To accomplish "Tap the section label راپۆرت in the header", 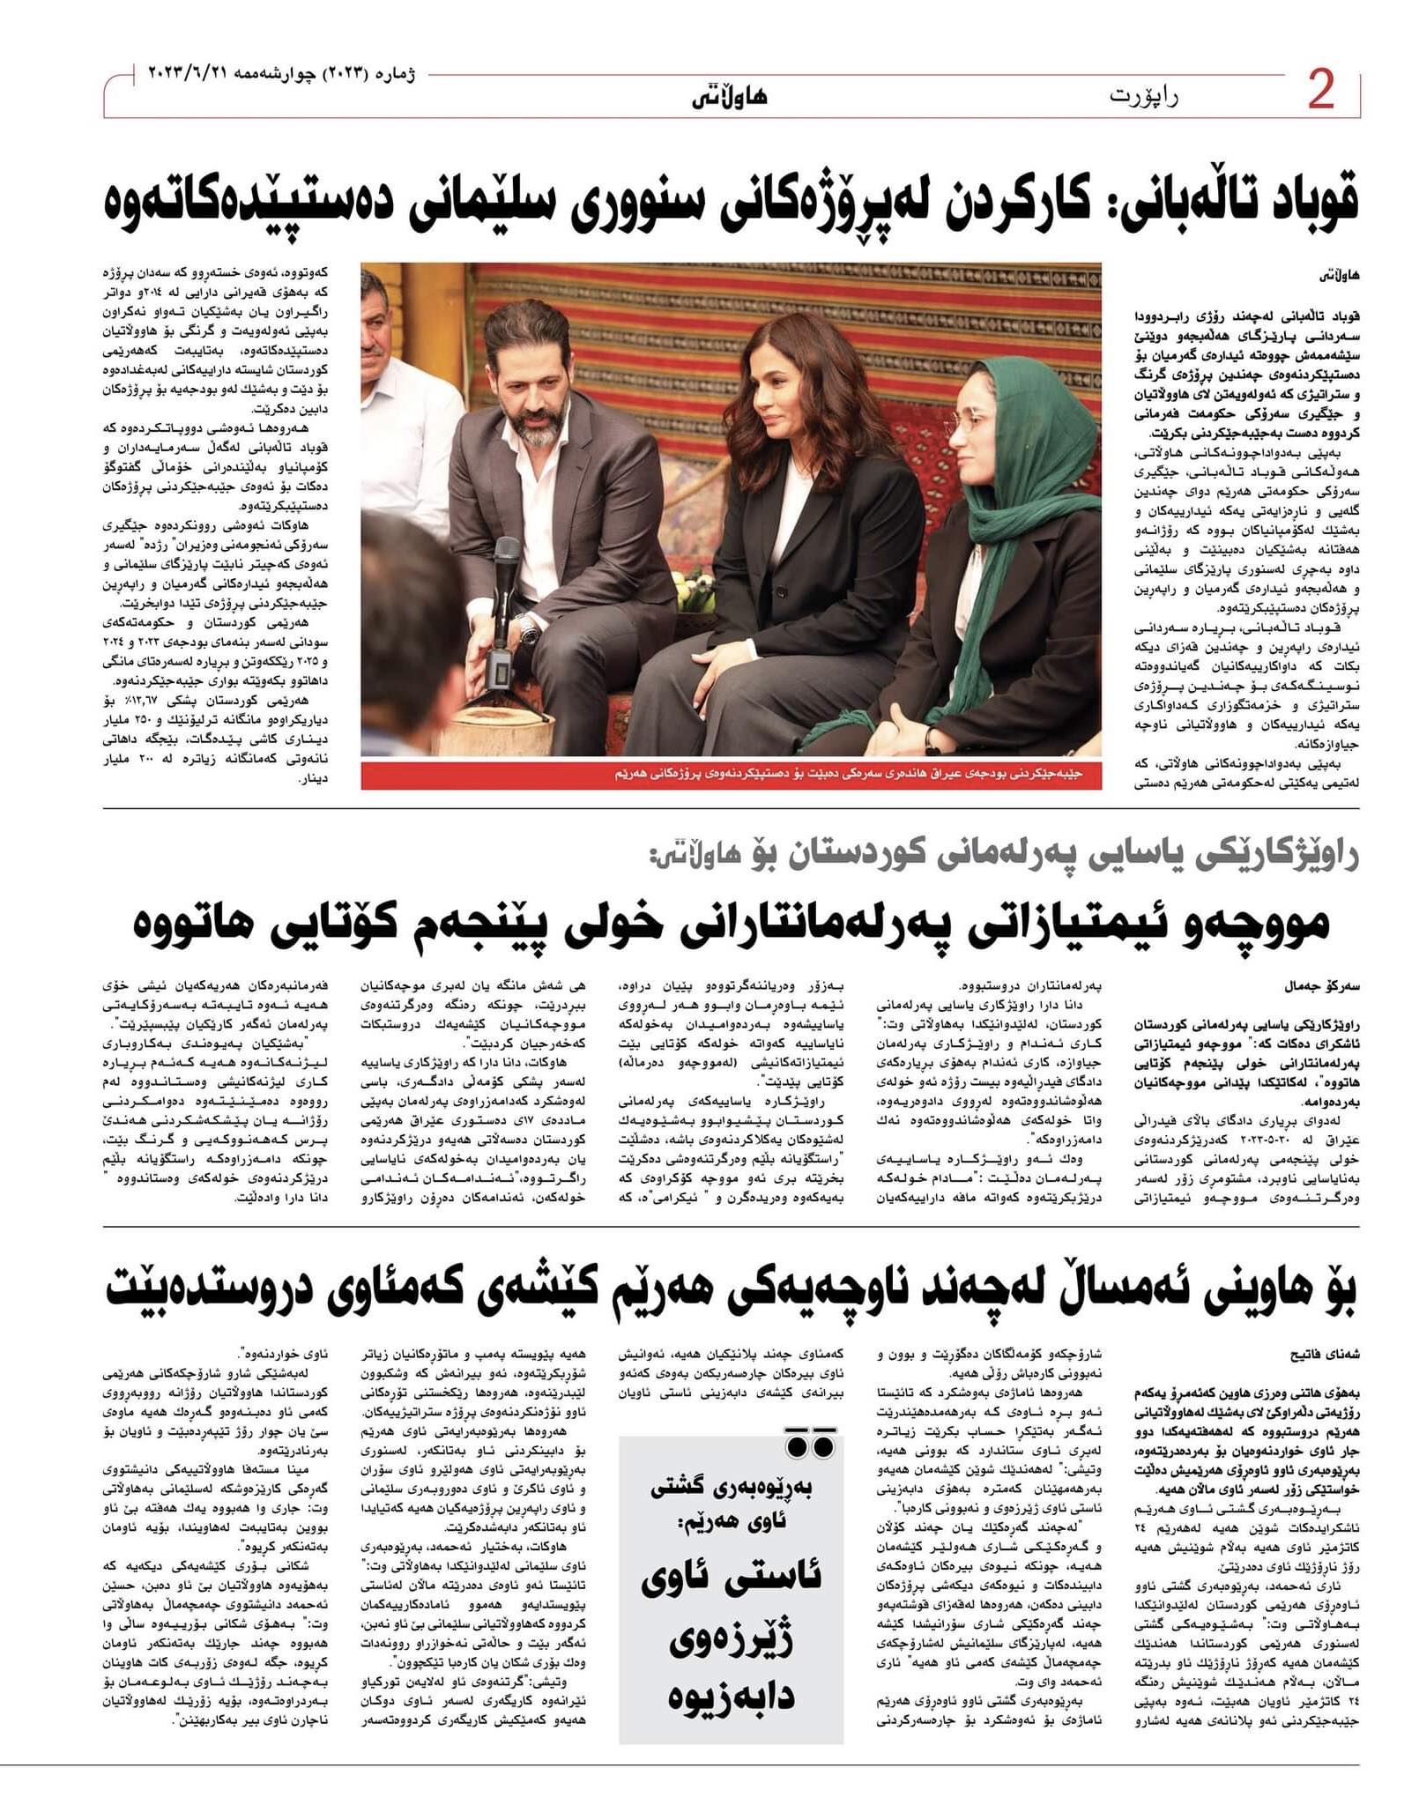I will (1143, 95).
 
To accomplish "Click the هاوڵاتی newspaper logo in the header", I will (729, 95).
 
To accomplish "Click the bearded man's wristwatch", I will (526, 628).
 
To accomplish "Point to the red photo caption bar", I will (731, 776).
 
